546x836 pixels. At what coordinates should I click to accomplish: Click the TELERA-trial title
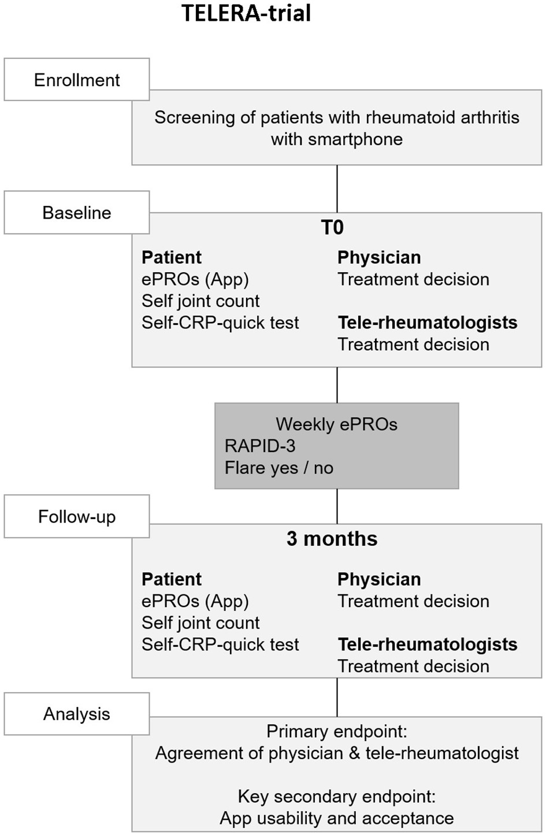(247, 13)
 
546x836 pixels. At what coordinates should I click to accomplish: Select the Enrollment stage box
(77, 80)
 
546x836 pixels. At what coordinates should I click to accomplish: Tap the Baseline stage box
(77, 213)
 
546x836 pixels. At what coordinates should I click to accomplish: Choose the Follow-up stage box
(77, 516)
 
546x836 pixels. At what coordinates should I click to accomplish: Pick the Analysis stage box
(77, 714)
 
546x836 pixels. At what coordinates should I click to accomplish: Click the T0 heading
(332, 227)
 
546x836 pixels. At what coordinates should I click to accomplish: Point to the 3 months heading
(332, 539)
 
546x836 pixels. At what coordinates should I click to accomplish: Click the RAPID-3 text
(260, 446)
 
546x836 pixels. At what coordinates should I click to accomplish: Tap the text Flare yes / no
(278, 468)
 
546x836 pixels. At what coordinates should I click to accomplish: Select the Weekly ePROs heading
(336, 424)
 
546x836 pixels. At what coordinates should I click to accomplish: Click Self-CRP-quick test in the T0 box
(220, 323)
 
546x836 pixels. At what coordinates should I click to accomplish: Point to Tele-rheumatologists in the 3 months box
(428, 645)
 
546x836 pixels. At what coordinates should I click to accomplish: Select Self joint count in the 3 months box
(200, 623)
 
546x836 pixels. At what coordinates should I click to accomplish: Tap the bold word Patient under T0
(172, 257)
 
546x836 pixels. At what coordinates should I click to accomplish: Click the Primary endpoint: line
(336, 731)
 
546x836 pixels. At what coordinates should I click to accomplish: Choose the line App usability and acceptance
(336, 818)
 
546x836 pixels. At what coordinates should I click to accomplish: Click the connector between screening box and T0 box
(337, 189)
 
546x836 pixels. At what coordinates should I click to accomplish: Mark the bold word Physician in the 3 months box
(379, 579)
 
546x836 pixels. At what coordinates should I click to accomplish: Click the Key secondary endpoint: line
(336, 797)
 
